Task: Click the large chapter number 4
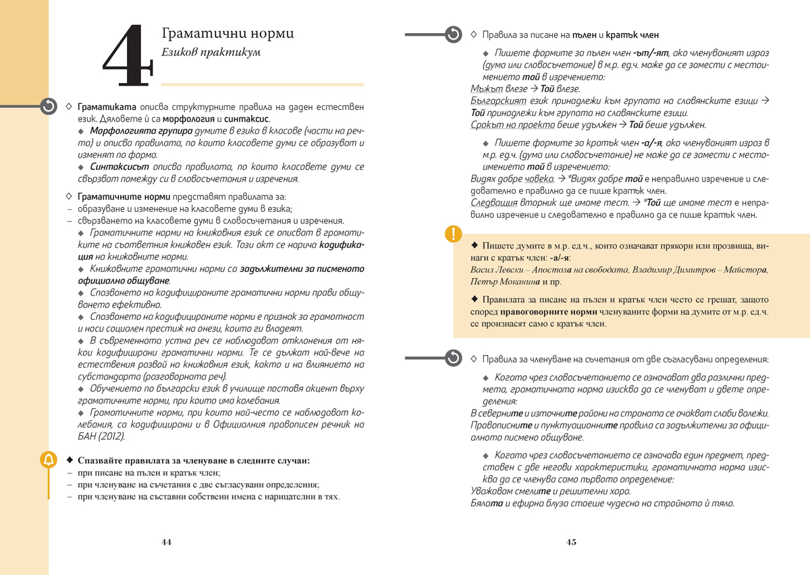(126, 57)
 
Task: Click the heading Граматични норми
(228, 34)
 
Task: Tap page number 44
(166, 542)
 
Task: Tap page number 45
(571, 542)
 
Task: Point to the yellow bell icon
(49, 460)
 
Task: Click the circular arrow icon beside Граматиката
(49, 107)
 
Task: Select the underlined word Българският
(498, 101)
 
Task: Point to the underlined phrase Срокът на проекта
(512, 126)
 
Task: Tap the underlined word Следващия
(493, 202)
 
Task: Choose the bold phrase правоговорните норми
(547, 312)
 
